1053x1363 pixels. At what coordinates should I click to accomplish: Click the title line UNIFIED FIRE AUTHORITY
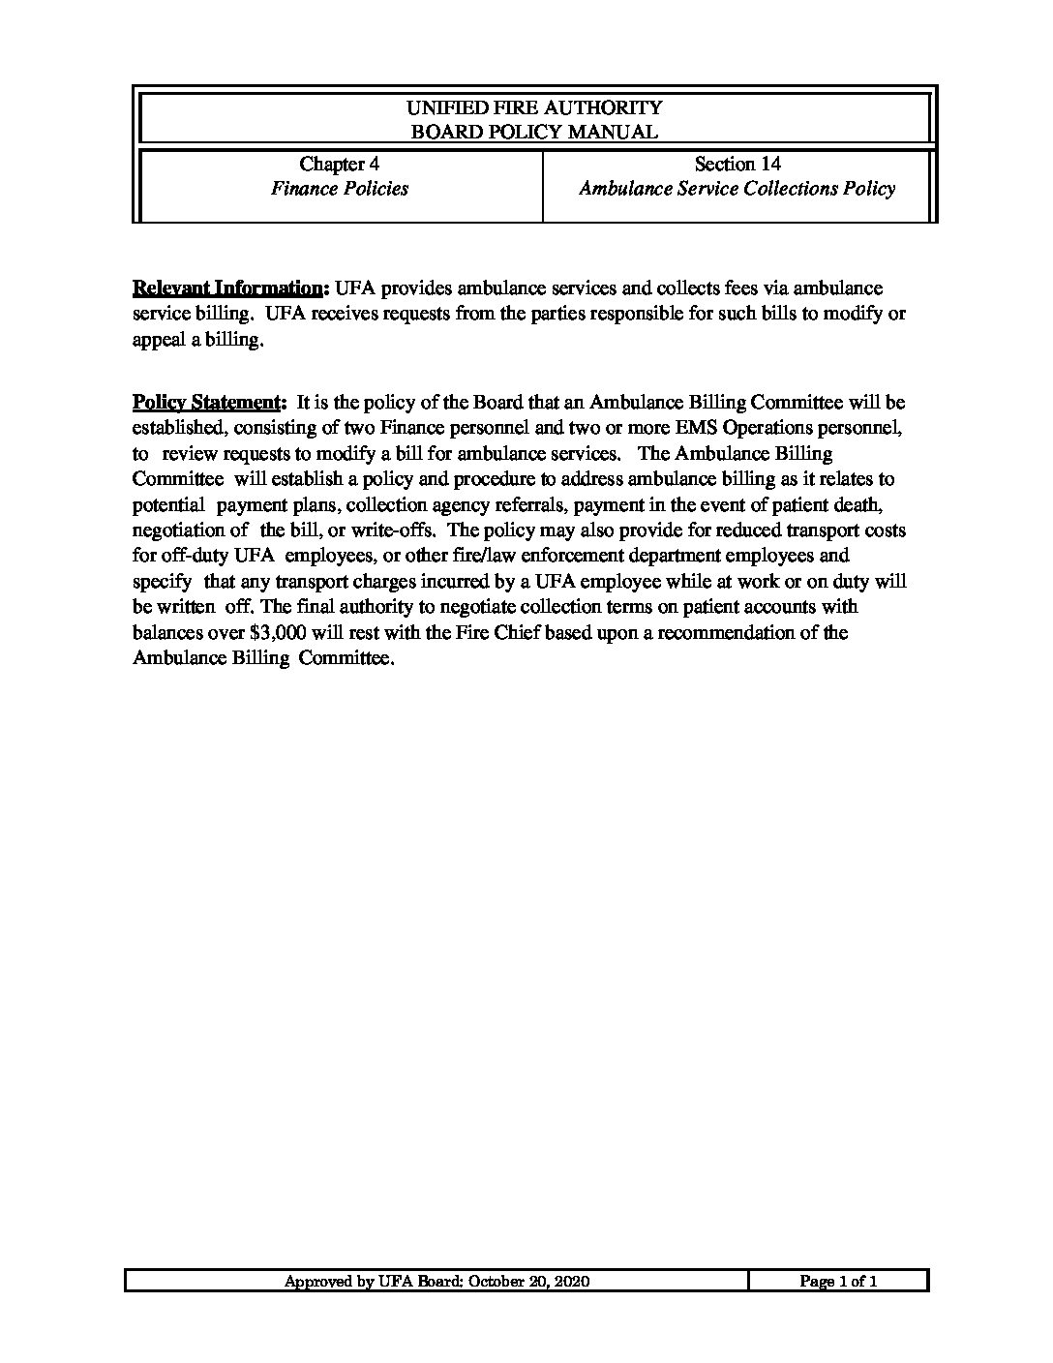[x=534, y=107]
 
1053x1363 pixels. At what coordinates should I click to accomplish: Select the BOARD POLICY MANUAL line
[x=534, y=132]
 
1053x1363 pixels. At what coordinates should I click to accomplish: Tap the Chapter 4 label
[x=339, y=165]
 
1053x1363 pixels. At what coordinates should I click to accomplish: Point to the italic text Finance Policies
[x=339, y=189]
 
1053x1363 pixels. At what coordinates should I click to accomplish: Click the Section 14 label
[x=737, y=165]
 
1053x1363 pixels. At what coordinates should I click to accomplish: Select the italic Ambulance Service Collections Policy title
[x=737, y=189]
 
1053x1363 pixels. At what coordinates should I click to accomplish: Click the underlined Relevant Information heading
[x=230, y=288]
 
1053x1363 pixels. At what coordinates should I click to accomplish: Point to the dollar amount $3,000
[x=254, y=633]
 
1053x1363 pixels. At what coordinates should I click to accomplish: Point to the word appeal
[x=158, y=340]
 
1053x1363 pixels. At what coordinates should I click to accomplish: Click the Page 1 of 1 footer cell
[x=838, y=1282]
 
